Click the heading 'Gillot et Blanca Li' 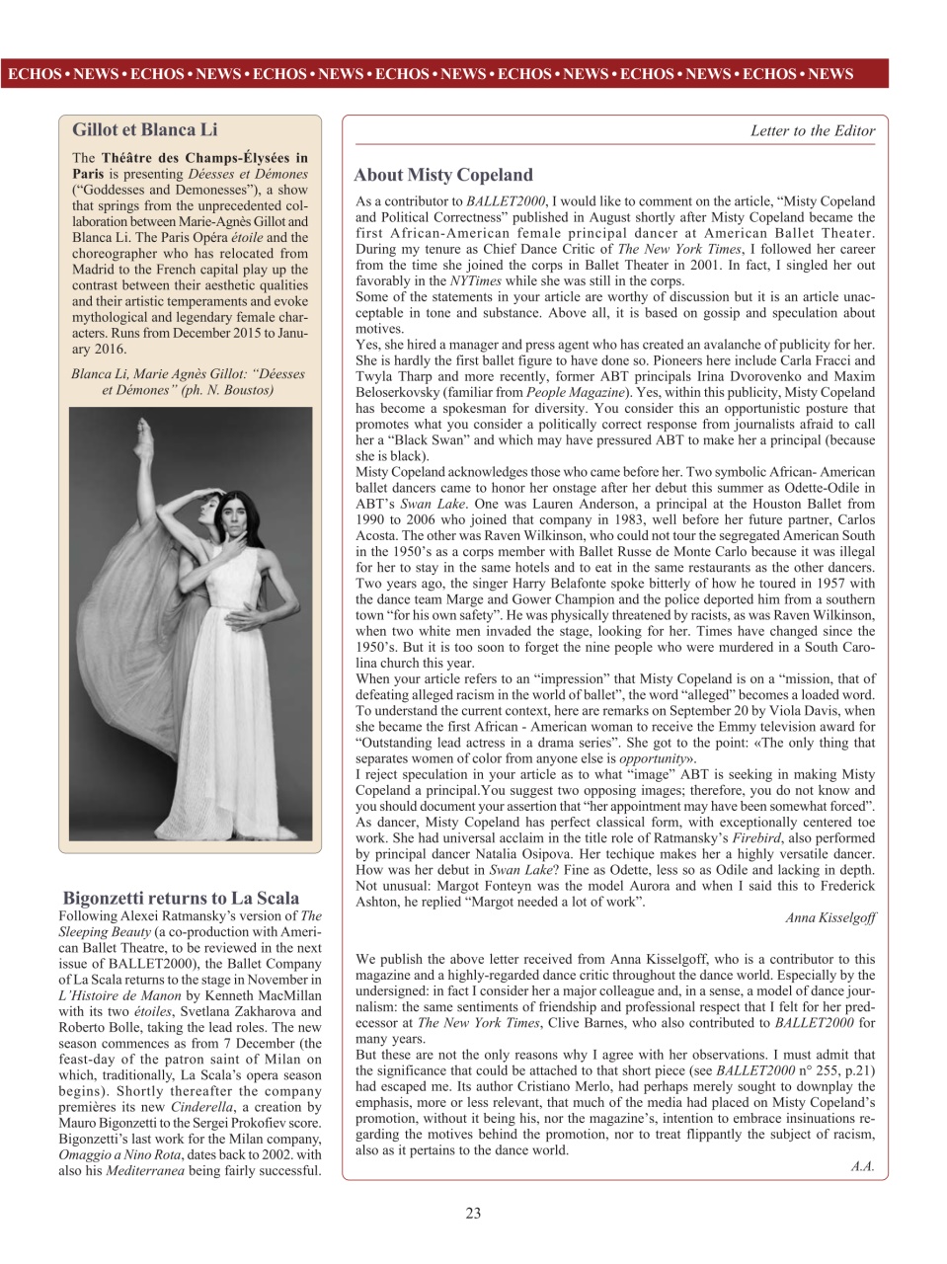pos(145,129)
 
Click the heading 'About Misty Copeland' pos(443,175)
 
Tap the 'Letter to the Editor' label pos(812,130)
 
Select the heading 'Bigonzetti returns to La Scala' pos(181,898)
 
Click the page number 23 pos(473,1214)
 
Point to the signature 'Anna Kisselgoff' pos(829,917)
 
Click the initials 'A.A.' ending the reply pos(862,1166)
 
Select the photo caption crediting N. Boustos pos(188,382)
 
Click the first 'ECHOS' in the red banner pos(34,74)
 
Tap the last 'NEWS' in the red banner pos(829,74)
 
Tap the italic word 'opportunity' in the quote pos(652,757)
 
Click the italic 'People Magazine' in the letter pos(574,392)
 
